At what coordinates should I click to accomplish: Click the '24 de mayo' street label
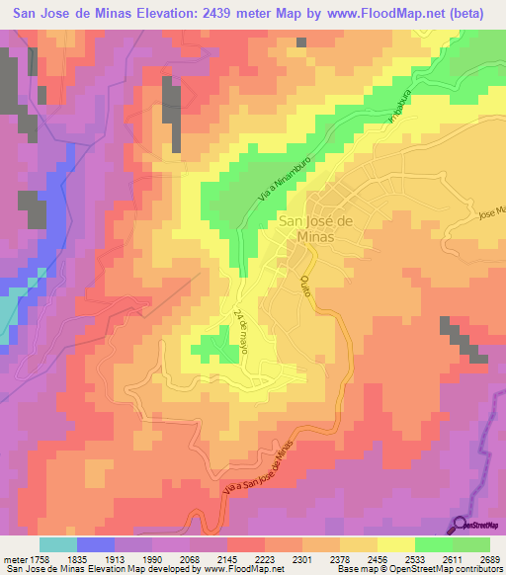[x=240, y=332]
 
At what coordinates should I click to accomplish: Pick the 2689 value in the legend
[x=488, y=558]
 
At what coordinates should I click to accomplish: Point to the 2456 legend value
[x=377, y=558]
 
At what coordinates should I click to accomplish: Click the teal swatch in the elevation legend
[x=58, y=544]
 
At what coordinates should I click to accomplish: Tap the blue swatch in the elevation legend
[x=96, y=544]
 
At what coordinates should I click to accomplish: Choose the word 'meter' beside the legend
[x=15, y=558]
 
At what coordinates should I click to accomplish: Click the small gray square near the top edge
[x=300, y=42]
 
